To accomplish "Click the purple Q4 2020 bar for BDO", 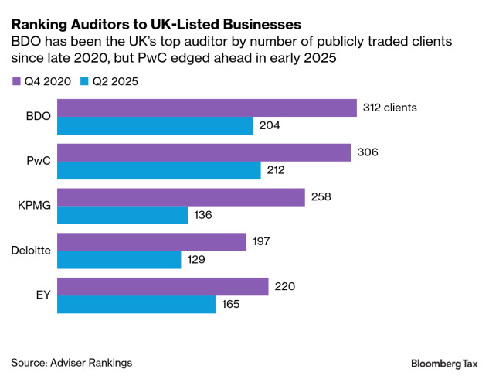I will (x=207, y=108).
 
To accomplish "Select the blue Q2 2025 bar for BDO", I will (x=155, y=125).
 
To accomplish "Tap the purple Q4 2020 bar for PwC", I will (x=205, y=152).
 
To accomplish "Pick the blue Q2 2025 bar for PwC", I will (x=158, y=170).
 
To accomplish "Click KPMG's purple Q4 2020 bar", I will (x=182, y=196).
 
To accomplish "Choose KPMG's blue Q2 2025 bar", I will (x=123, y=214).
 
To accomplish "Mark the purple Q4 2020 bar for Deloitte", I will (x=152, y=241).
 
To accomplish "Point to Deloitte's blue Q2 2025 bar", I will (x=120, y=259).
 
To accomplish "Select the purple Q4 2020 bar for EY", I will (x=163, y=286).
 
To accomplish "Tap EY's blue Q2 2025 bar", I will (x=137, y=304).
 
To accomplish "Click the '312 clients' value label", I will (x=390, y=108).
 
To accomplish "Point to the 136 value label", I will (x=203, y=215).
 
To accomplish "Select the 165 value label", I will (x=231, y=304).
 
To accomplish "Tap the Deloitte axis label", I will (x=31, y=250).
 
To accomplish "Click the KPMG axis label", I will (x=34, y=206).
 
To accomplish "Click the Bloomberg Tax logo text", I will (x=444, y=362).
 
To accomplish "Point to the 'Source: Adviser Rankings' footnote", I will (x=71, y=362).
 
